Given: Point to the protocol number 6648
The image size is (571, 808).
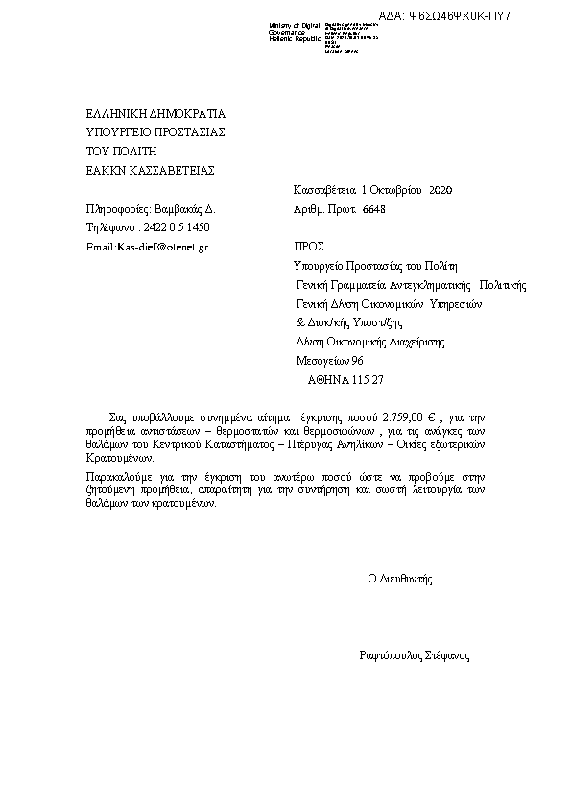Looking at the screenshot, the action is point(373,208).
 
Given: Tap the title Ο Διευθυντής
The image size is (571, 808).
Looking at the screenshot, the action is point(400,579).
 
